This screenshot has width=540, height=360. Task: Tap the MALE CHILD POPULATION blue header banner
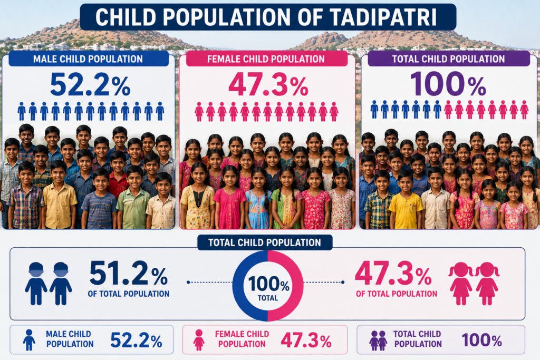pos(89,59)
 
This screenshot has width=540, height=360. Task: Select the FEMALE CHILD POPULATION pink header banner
pos(266,59)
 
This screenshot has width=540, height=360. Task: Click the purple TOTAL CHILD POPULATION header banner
pos(448,59)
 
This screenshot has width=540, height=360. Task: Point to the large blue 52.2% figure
pos(90,84)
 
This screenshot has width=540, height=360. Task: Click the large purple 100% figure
pos(448,84)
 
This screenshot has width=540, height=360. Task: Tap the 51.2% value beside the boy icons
pos(129,273)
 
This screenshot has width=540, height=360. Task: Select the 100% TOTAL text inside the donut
pos(268,288)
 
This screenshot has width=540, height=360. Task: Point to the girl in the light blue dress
pos(258,200)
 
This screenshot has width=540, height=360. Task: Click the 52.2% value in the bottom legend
pos(137,340)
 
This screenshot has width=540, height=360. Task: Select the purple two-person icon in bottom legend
pos(378,340)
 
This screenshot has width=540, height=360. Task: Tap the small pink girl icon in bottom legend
pos(199,340)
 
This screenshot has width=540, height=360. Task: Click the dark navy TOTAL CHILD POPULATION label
pos(265,242)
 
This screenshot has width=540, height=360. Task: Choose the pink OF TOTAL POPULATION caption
pos(397,294)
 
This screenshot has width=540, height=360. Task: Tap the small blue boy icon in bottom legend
pos(29,340)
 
